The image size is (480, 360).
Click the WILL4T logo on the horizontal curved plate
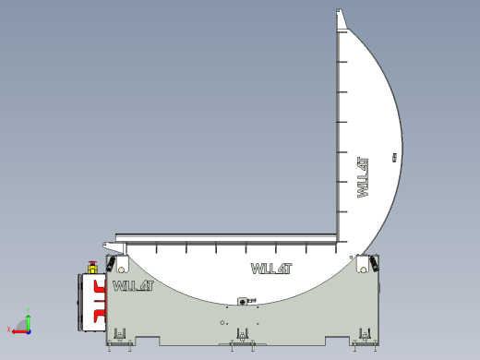tap(271, 269)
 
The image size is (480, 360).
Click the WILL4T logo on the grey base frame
tap(133, 285)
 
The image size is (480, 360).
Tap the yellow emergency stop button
tap(91, 268)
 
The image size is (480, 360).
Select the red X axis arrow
tap(18, 330)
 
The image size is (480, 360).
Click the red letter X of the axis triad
tap(9, 330)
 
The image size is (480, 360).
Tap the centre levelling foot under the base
tap(243, 337)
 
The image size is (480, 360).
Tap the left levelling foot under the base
tap(119, 337)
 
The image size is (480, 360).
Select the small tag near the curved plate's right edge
tap(394, 158)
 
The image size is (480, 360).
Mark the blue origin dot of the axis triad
tap(29, 330)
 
